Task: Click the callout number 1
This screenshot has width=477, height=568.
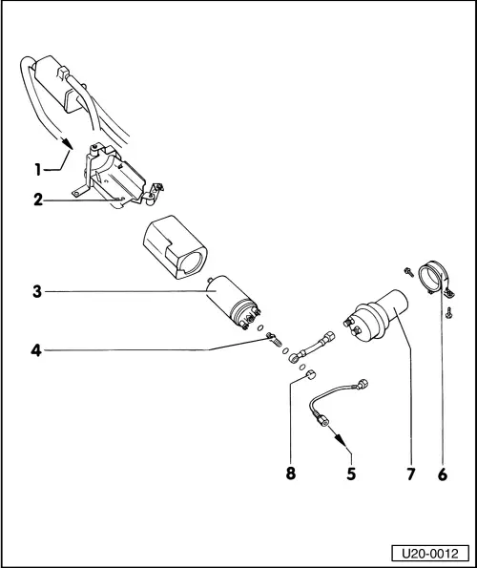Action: click(38, 170)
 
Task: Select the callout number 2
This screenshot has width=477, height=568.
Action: click(38, 200)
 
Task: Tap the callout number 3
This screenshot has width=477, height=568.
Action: click(37, 291)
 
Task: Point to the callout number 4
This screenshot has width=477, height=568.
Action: click(36, 350)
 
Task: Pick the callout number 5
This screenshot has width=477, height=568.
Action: click(351, 473)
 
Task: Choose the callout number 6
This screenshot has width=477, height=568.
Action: click(443, 474)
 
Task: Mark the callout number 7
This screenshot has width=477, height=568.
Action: click(410, 474)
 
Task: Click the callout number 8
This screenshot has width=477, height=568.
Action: click(291, 473)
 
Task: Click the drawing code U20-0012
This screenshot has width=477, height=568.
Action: click(430, 554)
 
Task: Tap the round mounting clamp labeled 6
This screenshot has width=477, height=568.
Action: click(434, 279)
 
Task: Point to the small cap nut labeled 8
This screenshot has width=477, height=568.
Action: click(310, 375)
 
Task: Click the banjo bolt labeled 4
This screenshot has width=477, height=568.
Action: click(273, 340)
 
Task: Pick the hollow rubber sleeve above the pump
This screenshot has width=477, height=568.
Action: click(176, 247)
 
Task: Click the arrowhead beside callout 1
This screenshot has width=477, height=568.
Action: click(67, 143)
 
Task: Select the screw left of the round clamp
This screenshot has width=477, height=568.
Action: click(409, 271)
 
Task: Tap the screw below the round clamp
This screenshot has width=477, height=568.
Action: click(448, 312)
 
